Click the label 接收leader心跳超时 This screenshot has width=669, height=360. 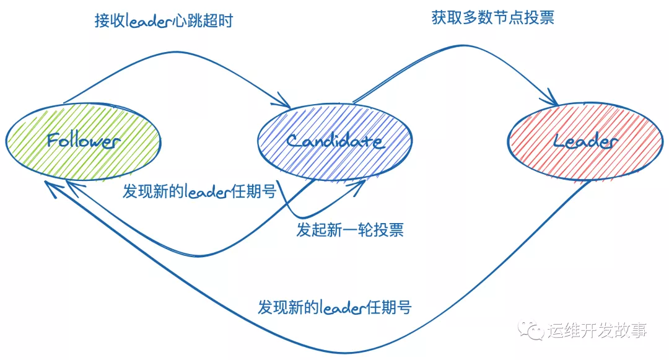coord(164,20)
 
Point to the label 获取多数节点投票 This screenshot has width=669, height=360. coord(492,17)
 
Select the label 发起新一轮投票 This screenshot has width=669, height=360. coord(350,230)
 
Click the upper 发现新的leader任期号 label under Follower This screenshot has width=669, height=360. coord(199,191)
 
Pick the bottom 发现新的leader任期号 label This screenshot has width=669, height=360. coord(334,307)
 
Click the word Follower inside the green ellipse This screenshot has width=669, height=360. coord(83,140)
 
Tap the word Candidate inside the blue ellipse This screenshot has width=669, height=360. coord(334,141)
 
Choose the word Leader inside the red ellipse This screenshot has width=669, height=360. coord(585,142)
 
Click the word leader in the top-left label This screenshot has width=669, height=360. coord(148,21)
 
